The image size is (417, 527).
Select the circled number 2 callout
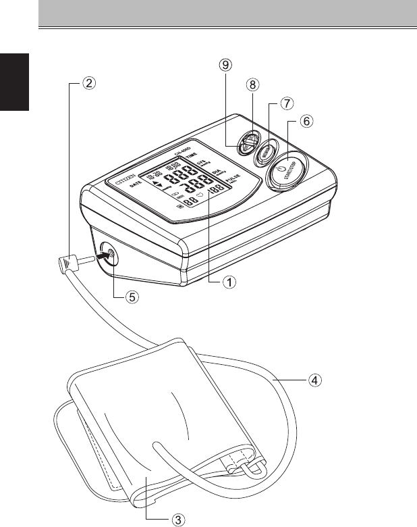[x=89, y=84]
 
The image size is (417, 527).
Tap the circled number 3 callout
[x=177, y=519]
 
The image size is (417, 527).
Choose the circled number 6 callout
[x=306, y=122]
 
